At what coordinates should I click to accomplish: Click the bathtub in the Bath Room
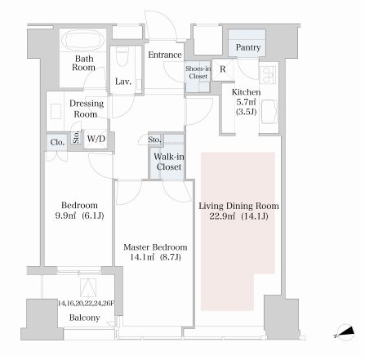point(82,40)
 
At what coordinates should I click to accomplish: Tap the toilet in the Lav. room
point(122,56)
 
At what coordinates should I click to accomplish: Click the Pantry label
point(248,47)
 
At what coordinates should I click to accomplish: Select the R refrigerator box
point(223,69)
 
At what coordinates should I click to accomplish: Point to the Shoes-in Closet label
point(198,73)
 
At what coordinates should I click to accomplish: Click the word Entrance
point(165,55)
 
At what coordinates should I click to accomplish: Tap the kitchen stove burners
point(268,74)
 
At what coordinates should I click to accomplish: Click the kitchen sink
point(269,112)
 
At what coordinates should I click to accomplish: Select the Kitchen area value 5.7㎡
point(246,102)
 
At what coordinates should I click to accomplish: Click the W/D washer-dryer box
point(96,139)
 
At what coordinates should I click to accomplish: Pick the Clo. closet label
point(57,142)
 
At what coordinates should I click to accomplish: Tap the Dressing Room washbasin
point(56,111)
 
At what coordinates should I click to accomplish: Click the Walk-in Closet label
point(169,162)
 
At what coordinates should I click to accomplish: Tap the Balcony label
point(84,318)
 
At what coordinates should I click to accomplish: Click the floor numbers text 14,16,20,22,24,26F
point(86,304)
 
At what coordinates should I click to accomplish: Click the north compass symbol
point(345,332)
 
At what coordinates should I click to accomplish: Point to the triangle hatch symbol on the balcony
point(88,288)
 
